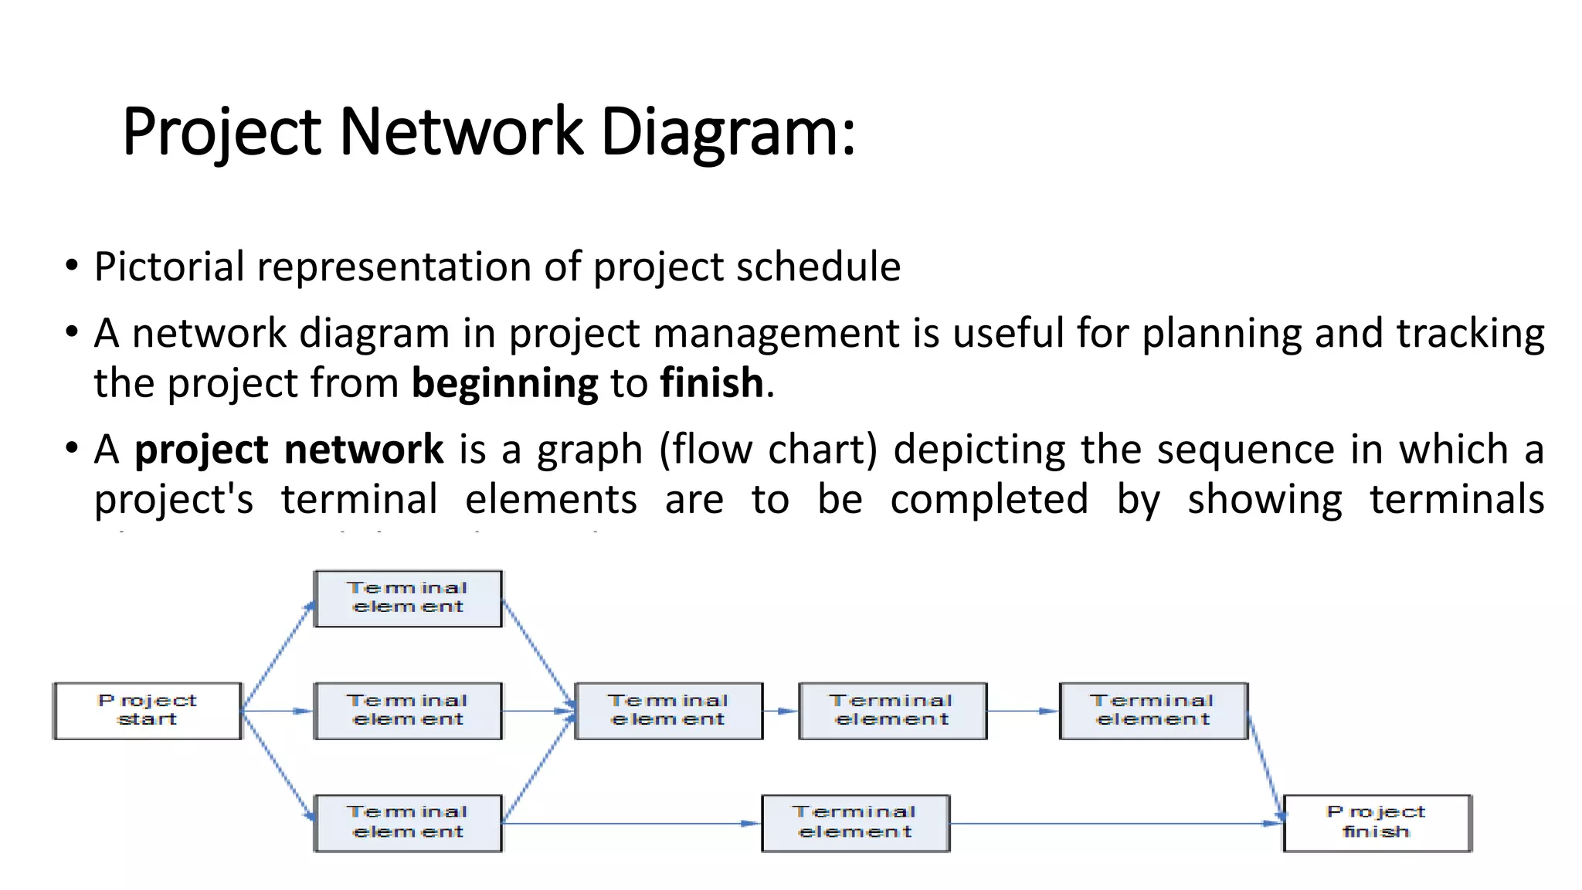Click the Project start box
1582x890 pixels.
(x=147, y=710)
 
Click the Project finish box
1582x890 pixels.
(x=1377, y=823)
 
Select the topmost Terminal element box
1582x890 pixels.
(x=408, y=598)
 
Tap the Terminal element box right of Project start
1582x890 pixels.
(x=408, y=710)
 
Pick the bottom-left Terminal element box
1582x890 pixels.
(x=408, y=823)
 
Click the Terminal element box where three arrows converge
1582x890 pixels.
(x=669, y=710)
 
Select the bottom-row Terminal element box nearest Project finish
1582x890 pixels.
(x=855, y=823)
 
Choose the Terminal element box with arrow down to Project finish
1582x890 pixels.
(x=1153, y=710)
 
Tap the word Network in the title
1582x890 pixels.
(x=460, y=131)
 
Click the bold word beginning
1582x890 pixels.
(x=504, y=384)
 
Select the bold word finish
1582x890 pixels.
(x=711, y=384)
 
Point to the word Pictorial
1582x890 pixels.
(x=169, y=267)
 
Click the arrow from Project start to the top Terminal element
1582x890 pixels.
(x=278, y=655)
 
